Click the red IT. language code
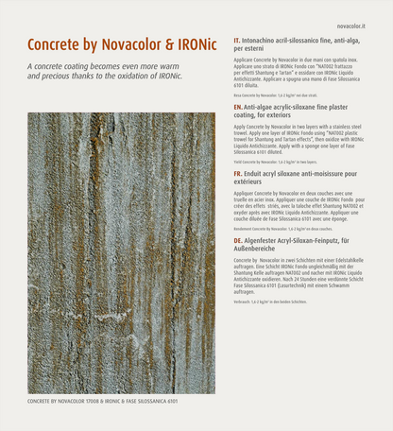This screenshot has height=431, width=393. [x=237, y=42]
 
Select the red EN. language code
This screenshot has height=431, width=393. [x=238, y=108]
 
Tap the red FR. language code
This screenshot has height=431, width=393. [x=238, y=174]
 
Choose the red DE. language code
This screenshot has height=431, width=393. [x=238, y=241]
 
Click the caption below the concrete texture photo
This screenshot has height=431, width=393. [x=102, y=401]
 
